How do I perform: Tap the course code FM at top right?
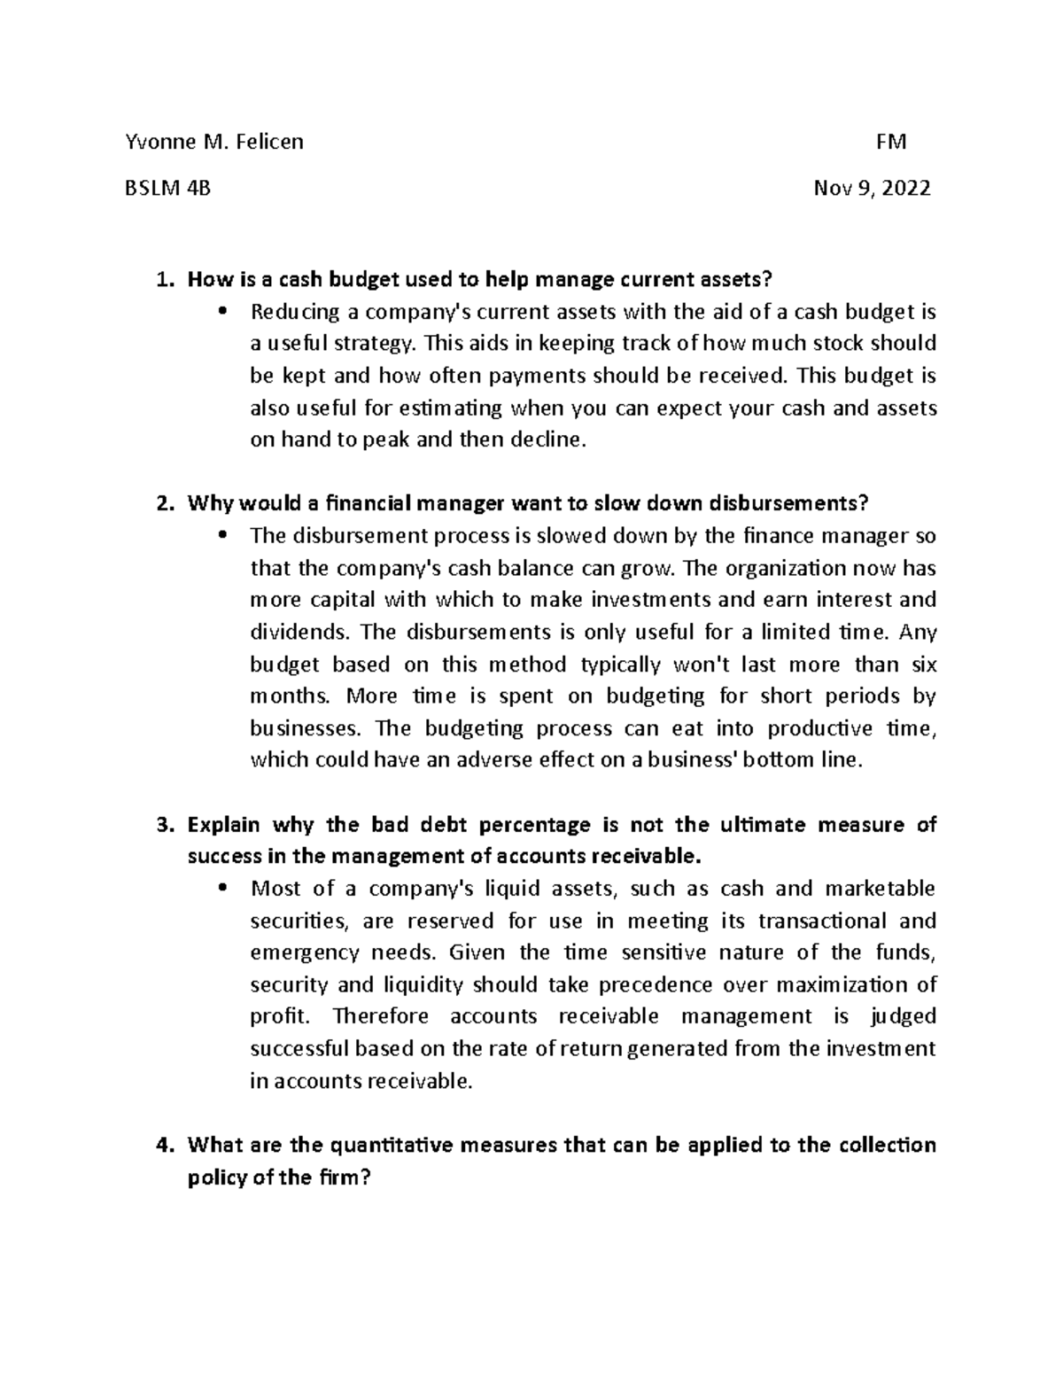click(x=890, y=142)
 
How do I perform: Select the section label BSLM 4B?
click(x=168, y=188)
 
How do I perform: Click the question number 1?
click(x=160, y=281)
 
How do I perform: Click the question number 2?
click(x=160, y=504)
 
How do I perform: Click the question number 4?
click(x=160, y=1146)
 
